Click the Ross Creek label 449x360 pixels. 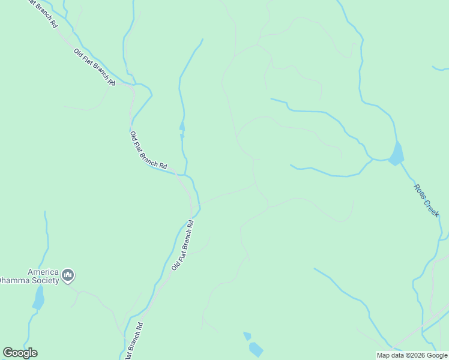[x=427, y=200]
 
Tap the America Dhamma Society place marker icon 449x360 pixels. [x=67, y=275]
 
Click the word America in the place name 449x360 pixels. [x=43, y=271]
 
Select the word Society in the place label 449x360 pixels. [x=46, y=280]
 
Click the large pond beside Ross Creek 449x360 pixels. [x=396, y=154]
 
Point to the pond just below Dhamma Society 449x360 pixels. [x=38, y=298]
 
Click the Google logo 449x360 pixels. [x=20, y=353]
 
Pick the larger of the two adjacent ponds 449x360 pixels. [x=256, y=349]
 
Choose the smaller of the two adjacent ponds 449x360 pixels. [x=247, y=335]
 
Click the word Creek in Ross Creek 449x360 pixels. [x=432, y=207]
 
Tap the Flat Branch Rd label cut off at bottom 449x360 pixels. [x=135, y=341]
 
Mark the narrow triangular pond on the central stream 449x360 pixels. [x=182, y=126]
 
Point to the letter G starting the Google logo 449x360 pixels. [x=8, y=353]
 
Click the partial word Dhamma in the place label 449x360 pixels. [x=14, y=280]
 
